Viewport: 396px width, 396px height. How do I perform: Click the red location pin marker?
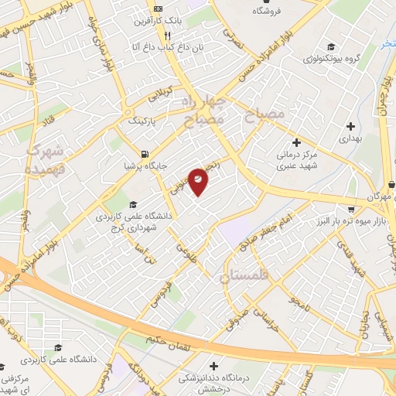pos(198,181)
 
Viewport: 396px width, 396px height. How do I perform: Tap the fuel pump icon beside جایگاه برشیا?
pos(145,152)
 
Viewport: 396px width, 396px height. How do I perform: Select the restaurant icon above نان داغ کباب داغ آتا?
pos(167,36)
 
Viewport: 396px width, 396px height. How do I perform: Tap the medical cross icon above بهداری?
pos(350,125)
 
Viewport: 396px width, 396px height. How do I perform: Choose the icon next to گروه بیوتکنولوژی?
pos(331,46)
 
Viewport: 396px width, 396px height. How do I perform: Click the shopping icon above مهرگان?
pos(352,208)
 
